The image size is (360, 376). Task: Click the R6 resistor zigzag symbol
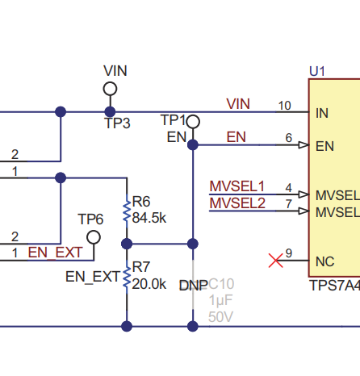(127, 211)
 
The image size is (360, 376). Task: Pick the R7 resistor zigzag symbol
(127, 278)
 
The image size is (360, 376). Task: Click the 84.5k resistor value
(149, 218)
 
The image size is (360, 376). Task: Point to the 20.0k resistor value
(149, 284)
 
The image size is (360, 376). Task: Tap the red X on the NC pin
(276, 261)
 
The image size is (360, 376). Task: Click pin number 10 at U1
(285, 106)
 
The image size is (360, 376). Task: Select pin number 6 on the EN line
(289, 138)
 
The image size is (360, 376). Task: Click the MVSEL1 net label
(237, 186)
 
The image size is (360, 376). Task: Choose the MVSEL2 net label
(237, 203)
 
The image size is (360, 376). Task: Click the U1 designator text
(317, 71)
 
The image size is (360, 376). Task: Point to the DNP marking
(194, 286)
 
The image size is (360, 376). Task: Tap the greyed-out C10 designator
(221, 284)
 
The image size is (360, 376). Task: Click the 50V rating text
(220, 317)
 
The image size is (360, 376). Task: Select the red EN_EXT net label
(55, 253)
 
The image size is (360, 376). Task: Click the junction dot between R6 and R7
(127, 244)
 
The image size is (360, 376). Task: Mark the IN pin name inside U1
(322, 113)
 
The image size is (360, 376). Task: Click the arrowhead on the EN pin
(303, 145)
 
